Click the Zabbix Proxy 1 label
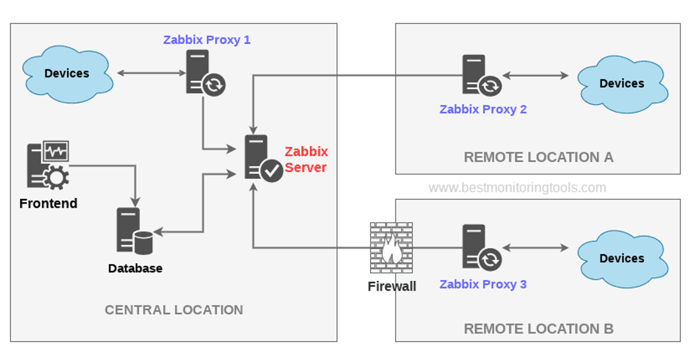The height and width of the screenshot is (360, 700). point(206,40)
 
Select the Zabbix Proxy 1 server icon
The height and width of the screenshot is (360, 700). point(204,73)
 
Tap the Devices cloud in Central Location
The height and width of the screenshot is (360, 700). point(67,74)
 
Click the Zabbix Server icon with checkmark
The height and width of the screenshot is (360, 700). point(262,158)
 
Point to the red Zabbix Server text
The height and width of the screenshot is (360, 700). point(306,159)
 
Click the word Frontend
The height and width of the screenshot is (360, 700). point(48,203)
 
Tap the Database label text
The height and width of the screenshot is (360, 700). point(135,268)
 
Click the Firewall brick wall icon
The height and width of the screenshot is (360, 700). point(391,248)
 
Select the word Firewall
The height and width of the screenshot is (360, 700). point(391,286)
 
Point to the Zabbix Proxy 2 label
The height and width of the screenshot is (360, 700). point(483,109)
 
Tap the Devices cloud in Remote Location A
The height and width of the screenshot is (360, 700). point(622,84)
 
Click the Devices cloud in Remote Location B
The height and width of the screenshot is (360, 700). point(622,259)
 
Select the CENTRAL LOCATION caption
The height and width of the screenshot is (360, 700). point(174,310)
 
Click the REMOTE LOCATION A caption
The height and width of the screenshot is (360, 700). point(538,157)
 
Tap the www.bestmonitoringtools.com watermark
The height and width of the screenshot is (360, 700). point(517,188)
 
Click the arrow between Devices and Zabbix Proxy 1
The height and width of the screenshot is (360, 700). point(151,73)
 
